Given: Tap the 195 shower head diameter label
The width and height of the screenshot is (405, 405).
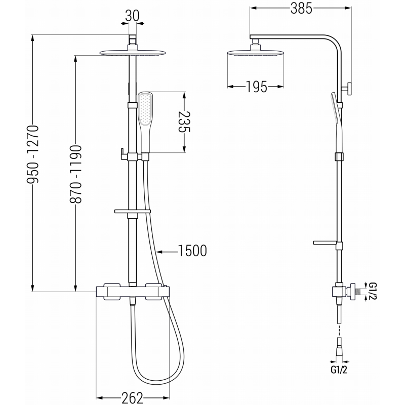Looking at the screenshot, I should click(257, 87).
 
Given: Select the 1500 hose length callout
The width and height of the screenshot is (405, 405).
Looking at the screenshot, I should click(192, 251).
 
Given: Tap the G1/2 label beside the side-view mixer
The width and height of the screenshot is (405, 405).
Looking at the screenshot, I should click(372, 292).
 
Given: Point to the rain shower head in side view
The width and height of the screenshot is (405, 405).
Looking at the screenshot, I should click(256, 54).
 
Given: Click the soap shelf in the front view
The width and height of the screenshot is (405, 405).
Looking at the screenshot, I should click(133, 210).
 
